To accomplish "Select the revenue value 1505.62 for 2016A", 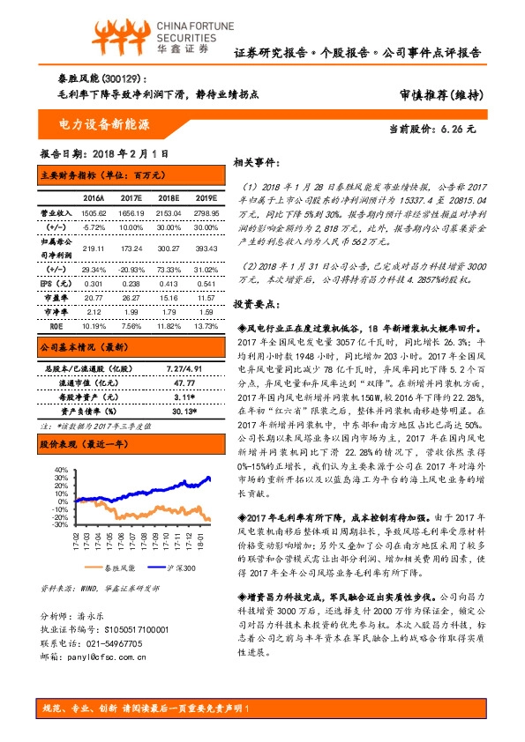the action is pyautogui.click(x=93, y=214).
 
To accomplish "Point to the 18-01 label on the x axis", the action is pyautogui.click(x=203, y=538).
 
